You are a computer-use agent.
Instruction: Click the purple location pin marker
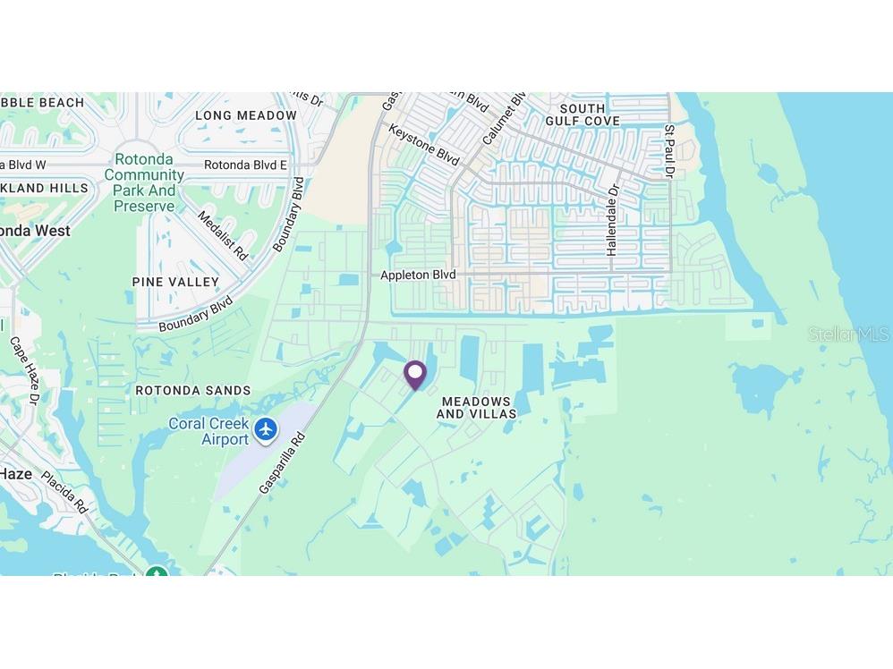415,374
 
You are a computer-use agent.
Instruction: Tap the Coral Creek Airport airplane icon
266,429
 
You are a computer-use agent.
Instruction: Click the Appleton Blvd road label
418,275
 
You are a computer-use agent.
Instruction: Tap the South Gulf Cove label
583,114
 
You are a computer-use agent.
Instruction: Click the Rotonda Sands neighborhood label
193,391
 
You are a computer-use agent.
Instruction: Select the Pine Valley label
175,282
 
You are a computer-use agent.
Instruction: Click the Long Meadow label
246,115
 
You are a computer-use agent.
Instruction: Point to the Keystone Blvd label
424,144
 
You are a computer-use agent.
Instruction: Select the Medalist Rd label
222,235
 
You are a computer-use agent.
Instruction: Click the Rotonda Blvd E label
245,165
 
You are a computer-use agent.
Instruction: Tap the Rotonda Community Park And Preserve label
144,182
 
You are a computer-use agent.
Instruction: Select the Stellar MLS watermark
849,334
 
